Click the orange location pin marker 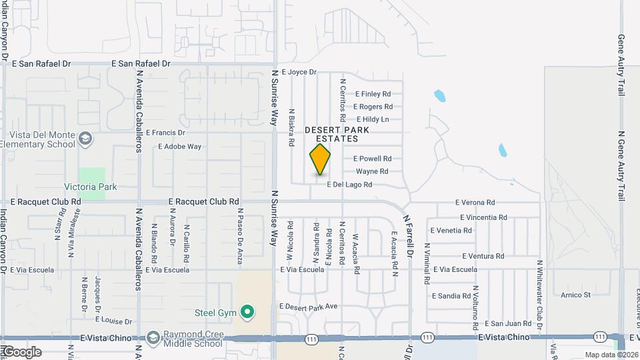click(x=320, y=159)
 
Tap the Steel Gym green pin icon click(x=247, y=311)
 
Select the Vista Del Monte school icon click(x=85, y=138)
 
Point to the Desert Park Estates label click(x=332, y=134)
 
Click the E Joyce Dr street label click(x=299, y=71)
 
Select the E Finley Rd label click(x=373, y=94)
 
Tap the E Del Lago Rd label click(x=349, y=185)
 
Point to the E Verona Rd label click(x=475, y=202)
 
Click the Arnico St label click(x=575, y=295)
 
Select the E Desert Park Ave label click(x=309, y=307)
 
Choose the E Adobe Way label click(x=179, y=147)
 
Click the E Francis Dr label click(x=165, y=133)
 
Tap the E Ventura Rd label click(x=481, y=256)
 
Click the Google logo click(x=21, y=351)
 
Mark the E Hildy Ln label click(x=373, y=119)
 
